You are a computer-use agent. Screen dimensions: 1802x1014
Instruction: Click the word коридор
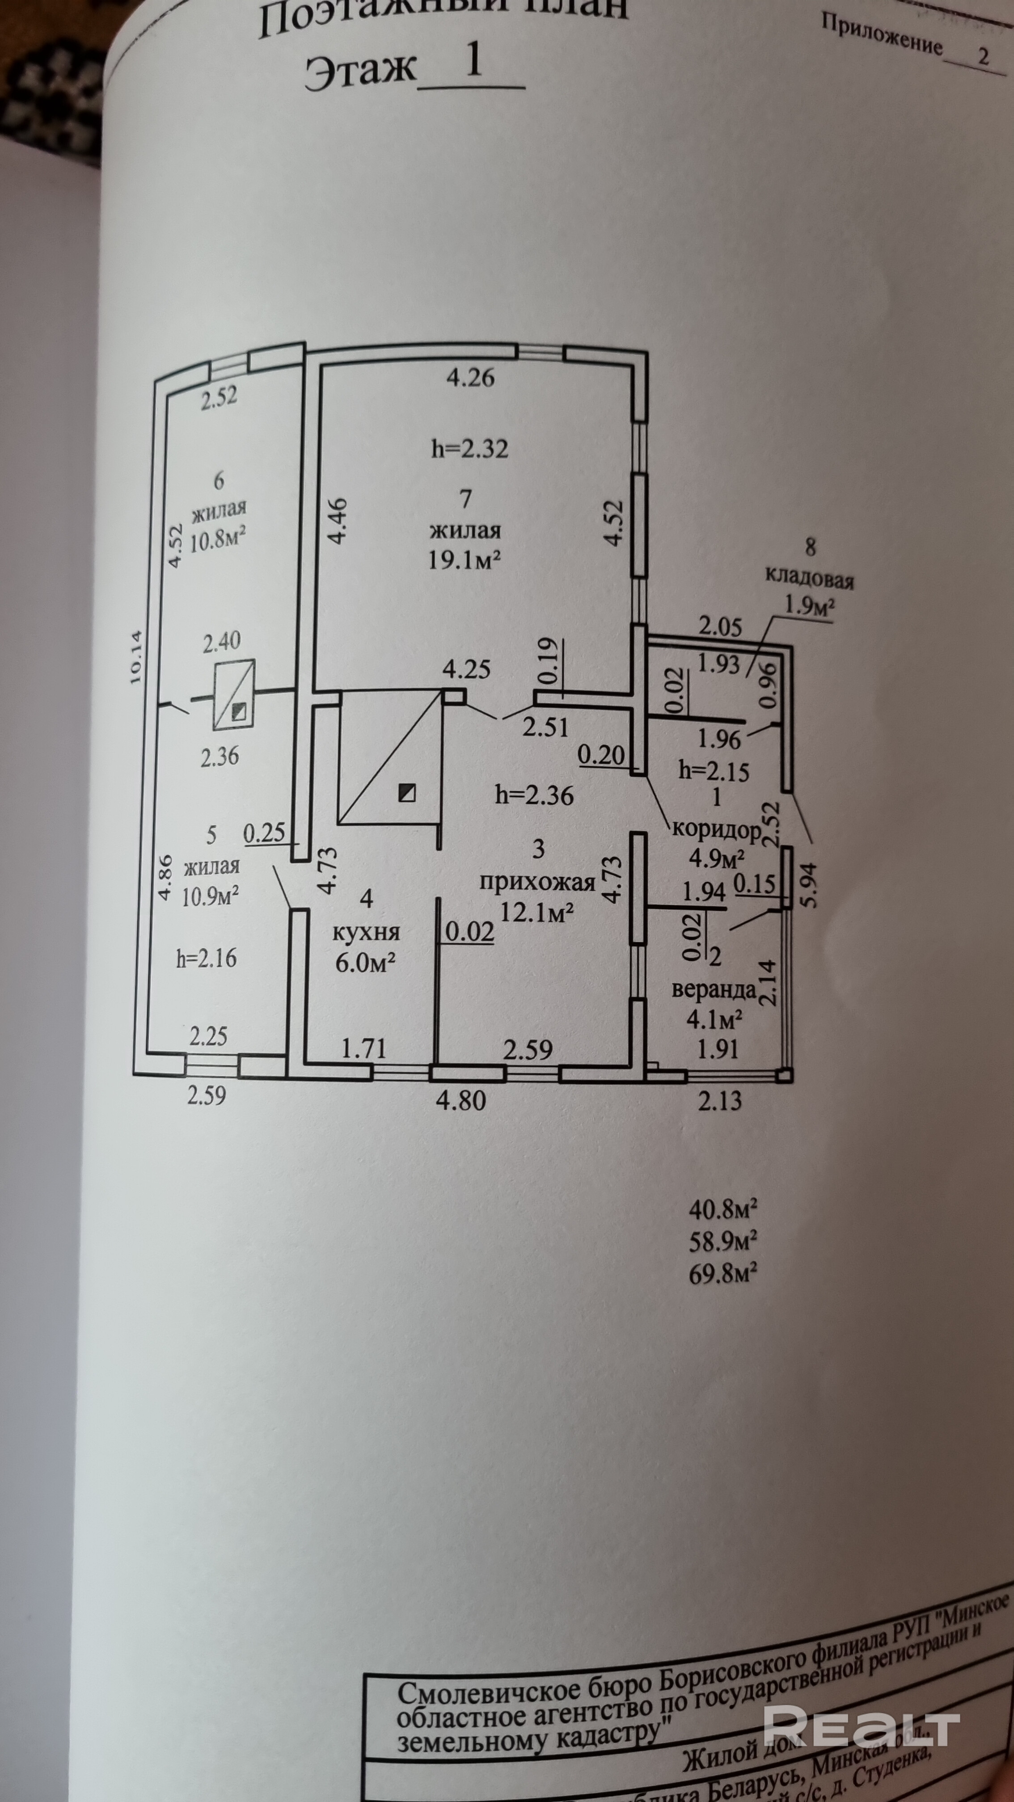point(716,830)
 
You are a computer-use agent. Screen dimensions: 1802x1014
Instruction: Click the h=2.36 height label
point(534,796)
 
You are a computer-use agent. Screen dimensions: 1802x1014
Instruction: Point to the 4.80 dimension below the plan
point(461,1100)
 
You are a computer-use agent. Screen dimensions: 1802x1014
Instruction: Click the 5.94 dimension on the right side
point(811,885)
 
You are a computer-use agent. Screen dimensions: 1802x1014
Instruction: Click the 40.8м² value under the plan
point(723,1208)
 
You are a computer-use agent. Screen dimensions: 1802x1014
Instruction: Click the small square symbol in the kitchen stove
point(406,792)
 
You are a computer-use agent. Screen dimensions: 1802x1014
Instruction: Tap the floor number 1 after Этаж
point(473,61)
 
